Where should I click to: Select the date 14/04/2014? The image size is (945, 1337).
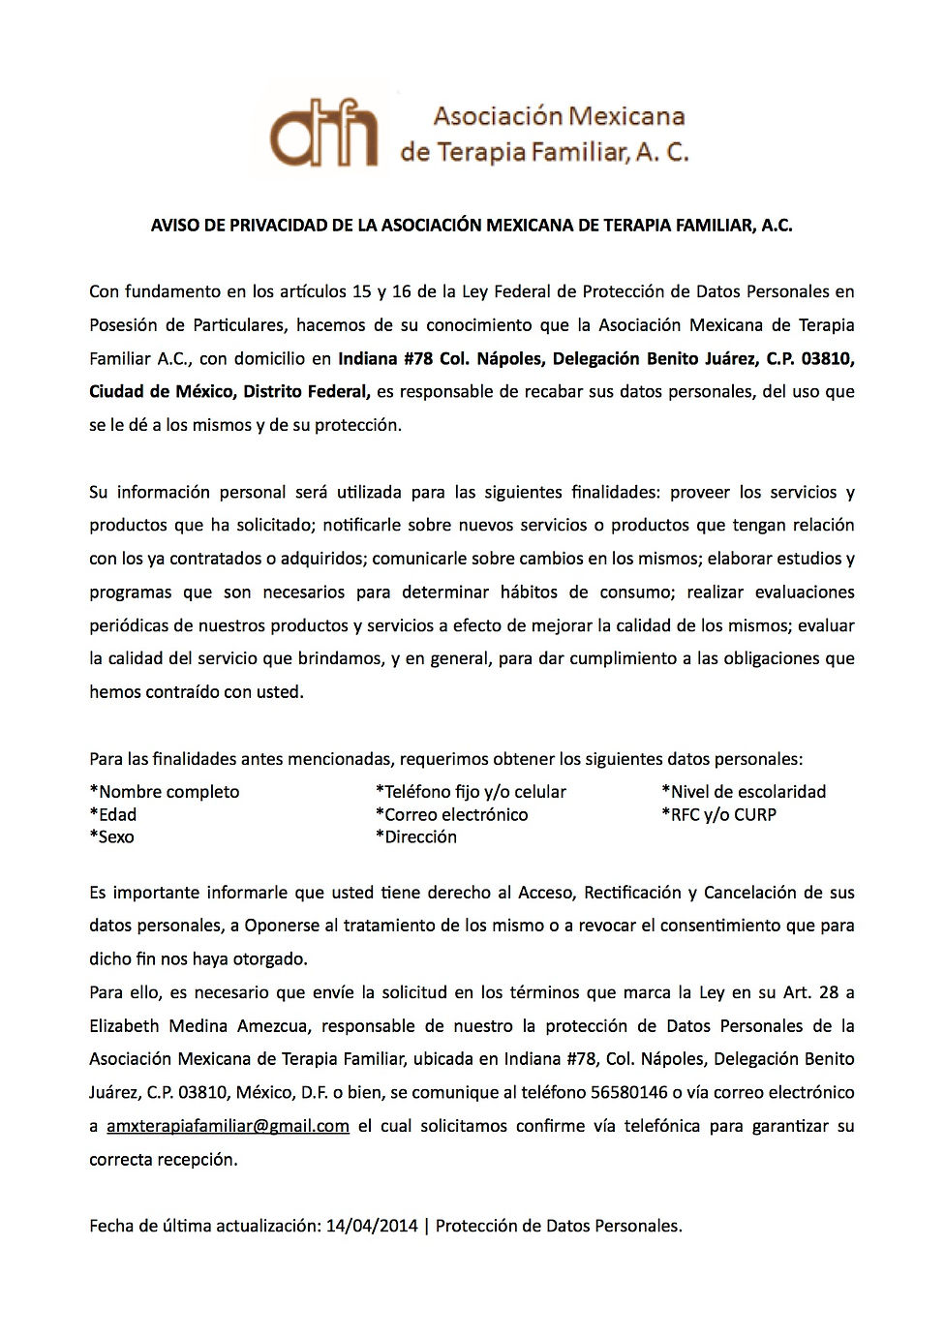[372, 1226]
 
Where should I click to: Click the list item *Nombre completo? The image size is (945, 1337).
[165, 792]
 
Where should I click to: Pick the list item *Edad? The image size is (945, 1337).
[113, 814]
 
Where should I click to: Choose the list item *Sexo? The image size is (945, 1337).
[112, 836]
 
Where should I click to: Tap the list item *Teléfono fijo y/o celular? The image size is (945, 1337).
[471, 792]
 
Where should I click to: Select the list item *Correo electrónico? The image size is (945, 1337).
[452, 814]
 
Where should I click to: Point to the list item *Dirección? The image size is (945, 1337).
[416, 836]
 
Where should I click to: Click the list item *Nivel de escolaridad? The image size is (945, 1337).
[744, 792]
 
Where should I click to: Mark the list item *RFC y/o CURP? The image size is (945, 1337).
[718, 814]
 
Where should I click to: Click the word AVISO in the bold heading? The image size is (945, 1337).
[173, 226]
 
